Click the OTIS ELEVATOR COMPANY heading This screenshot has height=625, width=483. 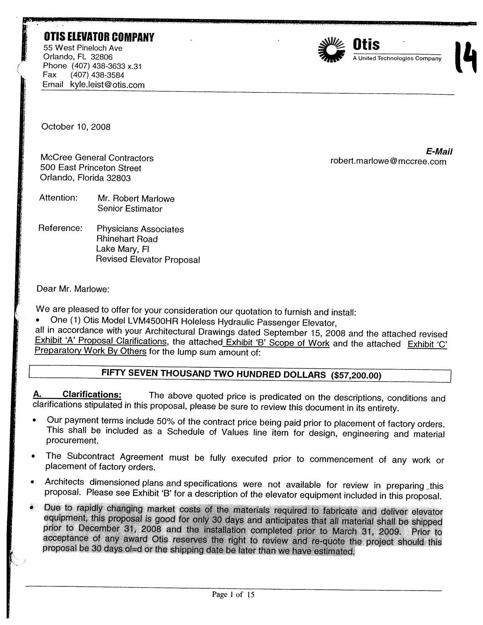pyautogui.click(x=99, y=37)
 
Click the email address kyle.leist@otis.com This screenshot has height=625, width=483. pyautogui.click(x=107, y=85)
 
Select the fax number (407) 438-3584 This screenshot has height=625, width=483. pyautogui.click(x=97, y=75)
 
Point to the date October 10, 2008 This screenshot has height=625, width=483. pyautogui.click(x=76, y=127)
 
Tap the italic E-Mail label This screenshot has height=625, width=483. pyautogui.click(x=439, y=152)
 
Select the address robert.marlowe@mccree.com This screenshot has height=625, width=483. pyautogui.click(x=388, y=161)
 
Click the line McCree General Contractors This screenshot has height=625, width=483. pyautogui.click(x=97, y=158)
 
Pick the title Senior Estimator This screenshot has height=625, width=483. pyautogui.click(x=130, y=208)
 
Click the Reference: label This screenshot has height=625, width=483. pyautogui.click(x=60, y=228)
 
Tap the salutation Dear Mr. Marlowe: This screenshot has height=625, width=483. pyautogui.click(x=73, y=289)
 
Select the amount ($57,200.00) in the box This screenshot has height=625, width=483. pyautogui.click(x=356, y=376)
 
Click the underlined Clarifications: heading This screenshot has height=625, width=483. pyautogui.click(x=92, y=395)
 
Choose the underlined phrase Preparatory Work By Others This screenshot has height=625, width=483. pyautogui.click(x=90, y=351)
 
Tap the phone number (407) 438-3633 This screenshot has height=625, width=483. pyautogui.click(x=98, y=66)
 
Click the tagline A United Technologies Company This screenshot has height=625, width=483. pyautogui.click(x=397, y=58)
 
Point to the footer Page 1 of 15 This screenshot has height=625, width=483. pyautogui.click(x=233, y=595)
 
